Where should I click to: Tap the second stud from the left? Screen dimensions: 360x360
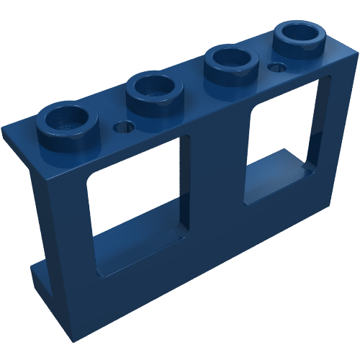tap(152, 91)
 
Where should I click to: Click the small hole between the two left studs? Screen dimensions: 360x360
tap(123, 127)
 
